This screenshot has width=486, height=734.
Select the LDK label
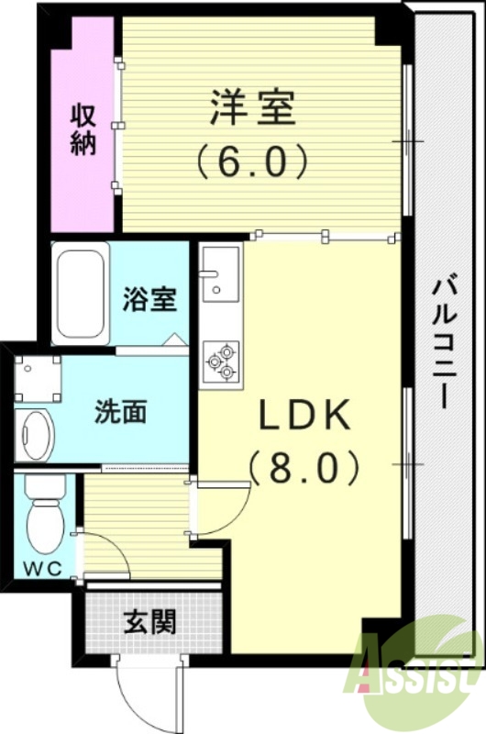pyautogui.click(x=304, y=417)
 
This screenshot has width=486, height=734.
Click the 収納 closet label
pyautogui.click(x=83, y=130)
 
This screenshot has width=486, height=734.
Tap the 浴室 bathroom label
pyautogui.click(x=150, y=299)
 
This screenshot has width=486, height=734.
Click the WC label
pyautogui.click(x=41, y=568)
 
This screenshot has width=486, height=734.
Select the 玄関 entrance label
pyautogui.click(x=149, y=623)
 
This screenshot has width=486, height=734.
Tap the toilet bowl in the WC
pyautogui.click(x=41, y=518)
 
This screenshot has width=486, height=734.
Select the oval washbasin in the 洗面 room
pyautogui.click(x=37, y=435)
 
